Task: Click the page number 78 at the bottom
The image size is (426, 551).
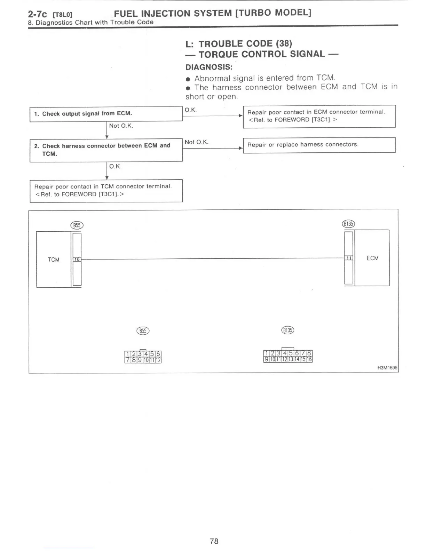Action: point(214,541)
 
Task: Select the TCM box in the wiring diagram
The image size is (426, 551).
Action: point(54,259)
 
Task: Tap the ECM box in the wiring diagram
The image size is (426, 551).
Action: point(372,258)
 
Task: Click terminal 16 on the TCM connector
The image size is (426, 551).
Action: point(77,259)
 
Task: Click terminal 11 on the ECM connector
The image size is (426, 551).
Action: point(348,258)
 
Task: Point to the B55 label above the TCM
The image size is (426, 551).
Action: point(77,225)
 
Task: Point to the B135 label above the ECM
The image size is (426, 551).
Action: point(348,224)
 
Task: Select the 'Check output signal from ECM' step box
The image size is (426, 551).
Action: point(106,114)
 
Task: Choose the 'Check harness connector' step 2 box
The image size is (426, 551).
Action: point(106,150)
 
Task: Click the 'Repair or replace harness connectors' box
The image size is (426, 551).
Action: point(319,145)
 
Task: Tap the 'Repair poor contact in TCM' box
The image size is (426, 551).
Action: point(106,190)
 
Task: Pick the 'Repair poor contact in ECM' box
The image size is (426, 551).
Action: point(319,116)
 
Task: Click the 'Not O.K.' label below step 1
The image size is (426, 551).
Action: point(121,126)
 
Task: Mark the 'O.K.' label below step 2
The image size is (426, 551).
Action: point(115,167)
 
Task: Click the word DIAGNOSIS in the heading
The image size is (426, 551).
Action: point(209,67)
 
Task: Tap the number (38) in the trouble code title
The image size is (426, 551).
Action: point(284,44)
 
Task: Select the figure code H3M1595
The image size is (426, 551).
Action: point(387,368)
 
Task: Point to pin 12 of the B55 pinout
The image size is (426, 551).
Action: point(158,360)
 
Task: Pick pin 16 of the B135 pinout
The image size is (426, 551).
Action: point(309,359)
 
